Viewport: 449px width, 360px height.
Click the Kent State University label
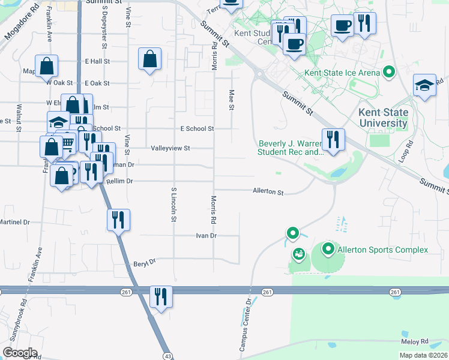[383, 118]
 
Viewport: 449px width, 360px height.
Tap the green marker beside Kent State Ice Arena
[389, 73]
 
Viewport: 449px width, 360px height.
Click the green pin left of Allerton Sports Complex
[328, 248]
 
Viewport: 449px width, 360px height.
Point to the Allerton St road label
[268, 192]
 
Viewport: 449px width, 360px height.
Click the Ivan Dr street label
[205, 236]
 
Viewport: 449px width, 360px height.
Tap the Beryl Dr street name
[144, 262]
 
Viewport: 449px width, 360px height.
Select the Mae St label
[231, 100]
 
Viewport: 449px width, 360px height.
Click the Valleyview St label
[170, 148]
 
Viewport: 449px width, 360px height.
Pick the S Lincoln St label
[173, 205]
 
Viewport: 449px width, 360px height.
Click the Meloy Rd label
[416, 341]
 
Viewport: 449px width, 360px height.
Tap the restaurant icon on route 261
[160, 297]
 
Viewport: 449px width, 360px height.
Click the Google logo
[20, 353]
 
